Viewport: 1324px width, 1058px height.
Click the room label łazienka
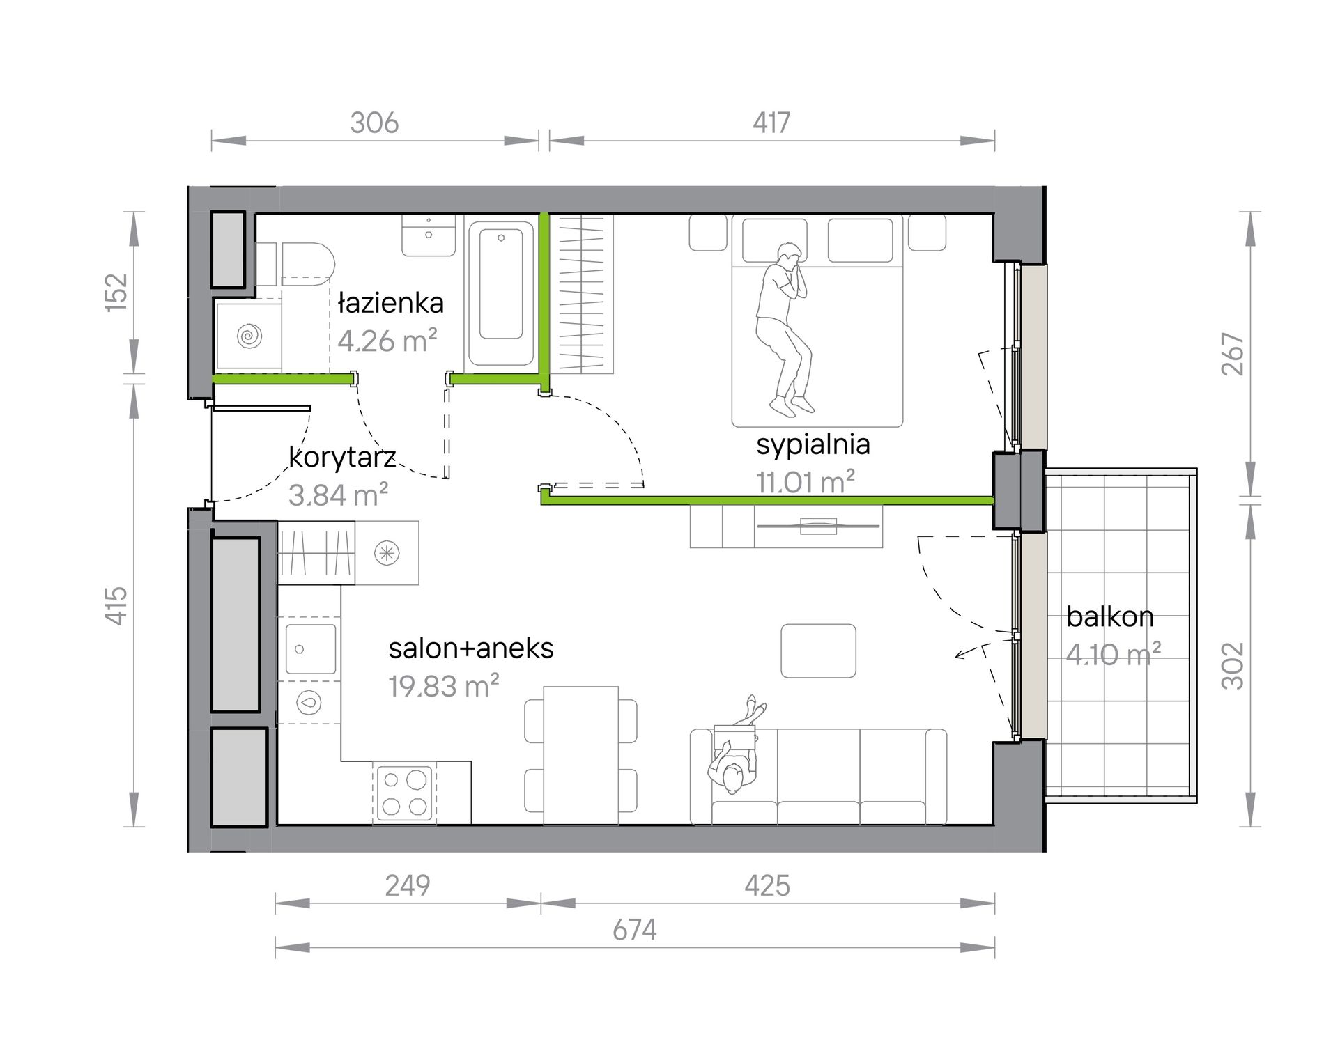[390, 303]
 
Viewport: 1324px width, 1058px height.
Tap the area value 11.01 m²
[806, 482]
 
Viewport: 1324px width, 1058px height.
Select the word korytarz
[342, 458]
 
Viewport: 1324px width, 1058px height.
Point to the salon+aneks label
[471, 648]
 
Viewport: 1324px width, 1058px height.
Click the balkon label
[1110, 616]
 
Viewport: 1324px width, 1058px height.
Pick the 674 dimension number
[635, 930]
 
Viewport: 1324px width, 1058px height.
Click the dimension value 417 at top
[771, 123]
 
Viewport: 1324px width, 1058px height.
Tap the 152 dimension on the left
[117, 293]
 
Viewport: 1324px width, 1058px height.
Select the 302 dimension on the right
[1233, 666]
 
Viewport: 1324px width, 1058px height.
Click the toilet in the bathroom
[295, 264]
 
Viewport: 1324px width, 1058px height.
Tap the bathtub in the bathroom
[501, 293]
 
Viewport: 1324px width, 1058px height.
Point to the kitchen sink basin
[311, 649]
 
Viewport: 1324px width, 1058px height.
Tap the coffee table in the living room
[818, 651]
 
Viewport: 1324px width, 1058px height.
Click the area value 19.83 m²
[444, 687]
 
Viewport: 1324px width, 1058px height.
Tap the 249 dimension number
[408, 885]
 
